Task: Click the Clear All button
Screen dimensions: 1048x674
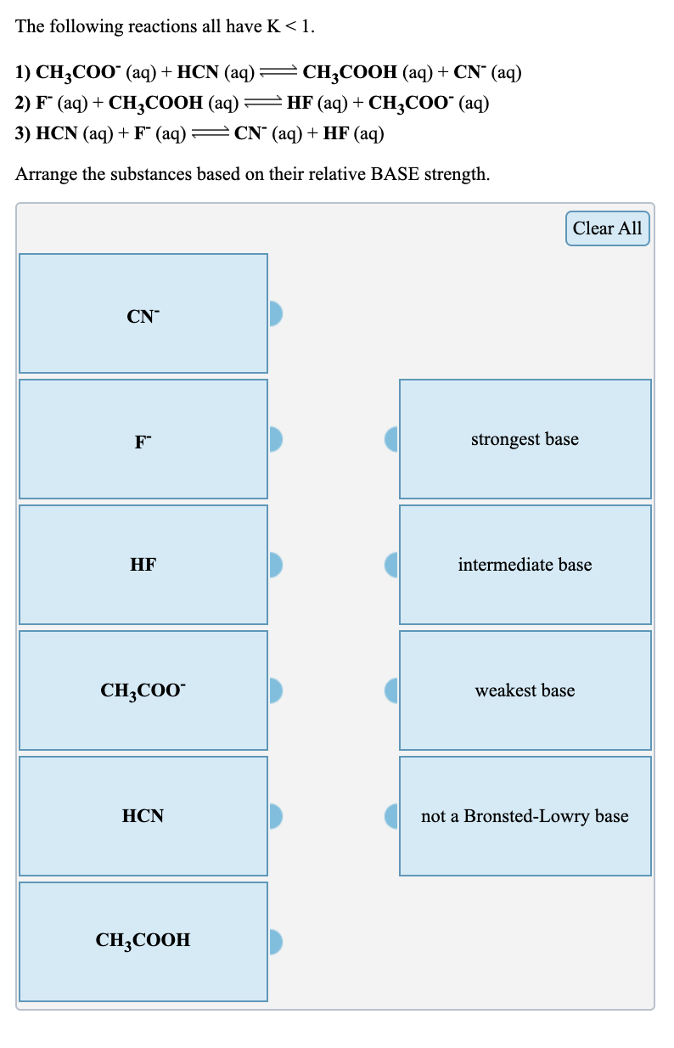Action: pyautogui.click(x=607, y=228)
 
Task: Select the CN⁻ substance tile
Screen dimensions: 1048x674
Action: pyautogui.click(x=143, y=313)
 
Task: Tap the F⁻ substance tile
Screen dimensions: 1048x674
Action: pyautogui.click(x=143, y=439)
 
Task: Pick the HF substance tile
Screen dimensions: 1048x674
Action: pyautogui.click(x=143, y=565)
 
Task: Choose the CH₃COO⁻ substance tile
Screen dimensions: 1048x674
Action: pyautogui.click(x=143, y=690)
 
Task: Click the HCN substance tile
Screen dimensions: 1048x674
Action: pyautogui.click(x=143, y=816)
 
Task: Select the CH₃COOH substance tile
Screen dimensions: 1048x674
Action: pyautogui.click(x=143, y=941)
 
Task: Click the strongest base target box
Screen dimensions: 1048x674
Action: pyautogui.click(x=525, y=439)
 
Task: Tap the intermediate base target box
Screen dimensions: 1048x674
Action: pyautogui.click(x=525, y=565)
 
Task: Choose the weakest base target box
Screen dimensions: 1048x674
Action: pyautogui.click(x=525, y=690)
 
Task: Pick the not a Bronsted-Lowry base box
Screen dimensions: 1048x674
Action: pyautogui.click(x=525, y=816)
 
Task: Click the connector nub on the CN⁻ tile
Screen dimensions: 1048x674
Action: pyautogui.click(x=275, y=313)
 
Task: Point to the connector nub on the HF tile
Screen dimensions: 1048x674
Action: pyautogui.click(x=275, y=565)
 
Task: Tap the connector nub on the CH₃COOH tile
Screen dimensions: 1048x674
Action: pyautogui.click(x=275, y=941)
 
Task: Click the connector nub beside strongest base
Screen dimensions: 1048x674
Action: pyautogui.click(x=392, y=439)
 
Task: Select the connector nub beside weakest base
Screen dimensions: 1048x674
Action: pyautogui.click(x=392, y=690)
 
